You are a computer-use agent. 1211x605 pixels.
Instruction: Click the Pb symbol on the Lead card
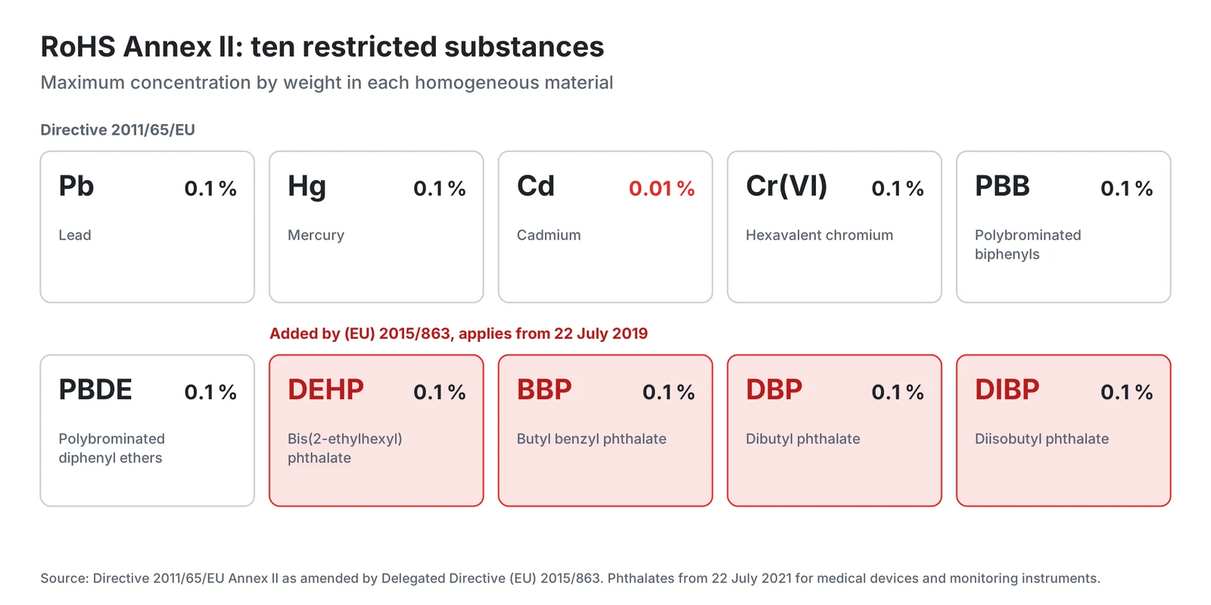[76, 186]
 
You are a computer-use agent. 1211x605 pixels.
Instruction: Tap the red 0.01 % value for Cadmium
[662, 188]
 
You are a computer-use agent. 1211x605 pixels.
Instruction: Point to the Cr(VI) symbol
[786, 186]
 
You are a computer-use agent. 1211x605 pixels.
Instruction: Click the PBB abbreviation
[1002, 186]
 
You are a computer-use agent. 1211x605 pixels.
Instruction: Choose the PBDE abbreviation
[95, 390]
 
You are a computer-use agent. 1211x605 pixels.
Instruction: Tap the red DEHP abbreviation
[325, 390]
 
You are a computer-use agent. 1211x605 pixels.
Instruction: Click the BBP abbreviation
[544, 390]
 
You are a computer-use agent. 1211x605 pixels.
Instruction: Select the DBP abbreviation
[774, 390]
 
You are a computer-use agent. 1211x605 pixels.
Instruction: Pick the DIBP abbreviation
[1007, 390]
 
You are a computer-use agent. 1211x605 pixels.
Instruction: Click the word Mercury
[316, 235]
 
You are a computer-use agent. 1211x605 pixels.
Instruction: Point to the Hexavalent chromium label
[819, 235]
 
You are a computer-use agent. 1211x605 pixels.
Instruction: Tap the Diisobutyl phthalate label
[1041, 439]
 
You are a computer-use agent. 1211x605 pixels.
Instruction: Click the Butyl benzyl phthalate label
[591, 439]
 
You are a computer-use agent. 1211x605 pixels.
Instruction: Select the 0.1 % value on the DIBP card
[1127, 392]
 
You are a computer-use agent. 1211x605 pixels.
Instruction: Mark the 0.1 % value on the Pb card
[210, 188]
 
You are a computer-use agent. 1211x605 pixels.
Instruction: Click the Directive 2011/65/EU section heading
[117, 129]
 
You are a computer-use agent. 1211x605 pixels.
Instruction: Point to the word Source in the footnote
[64, 579]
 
